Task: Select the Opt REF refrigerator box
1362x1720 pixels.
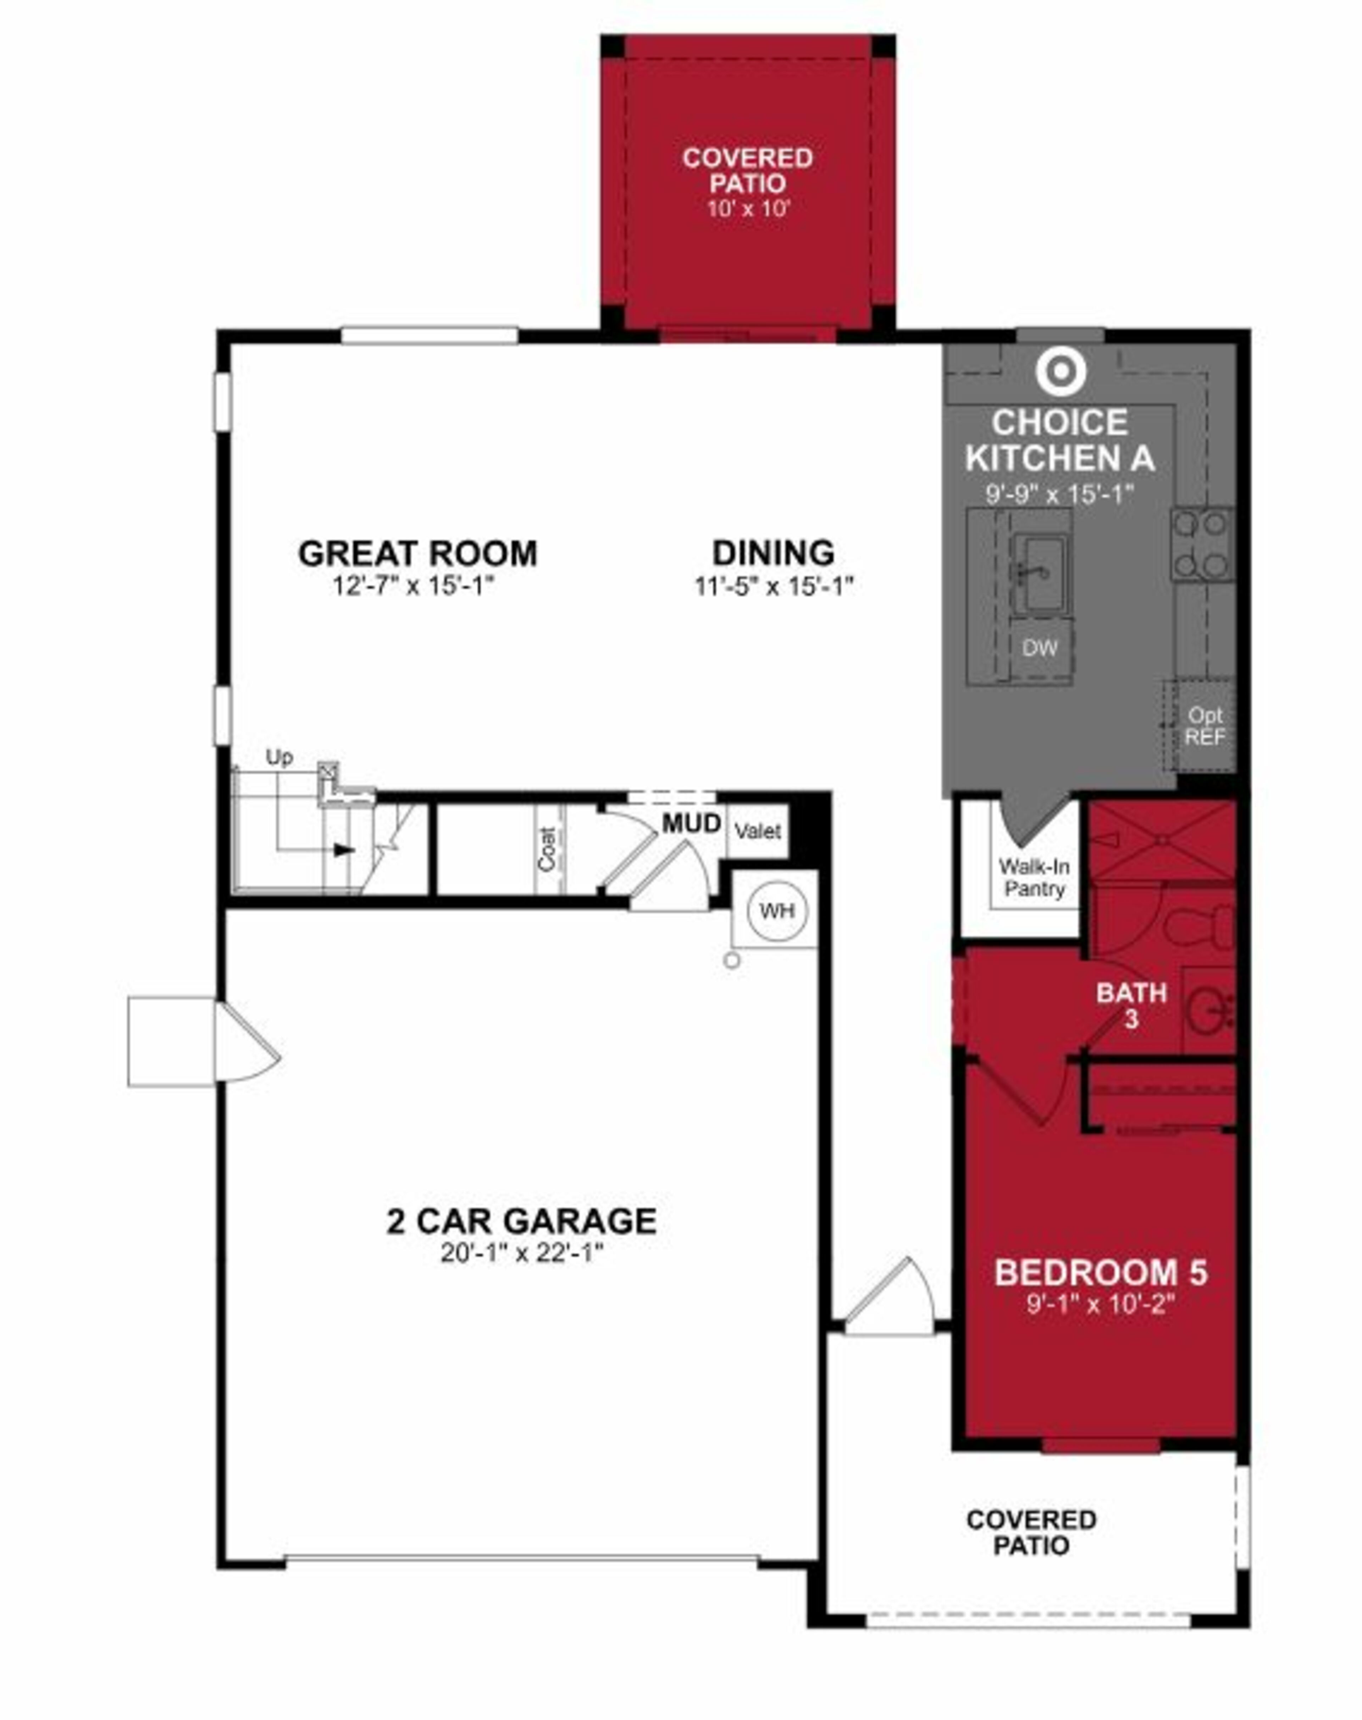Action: pos(1204,726)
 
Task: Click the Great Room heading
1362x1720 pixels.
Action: pos(418,553)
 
